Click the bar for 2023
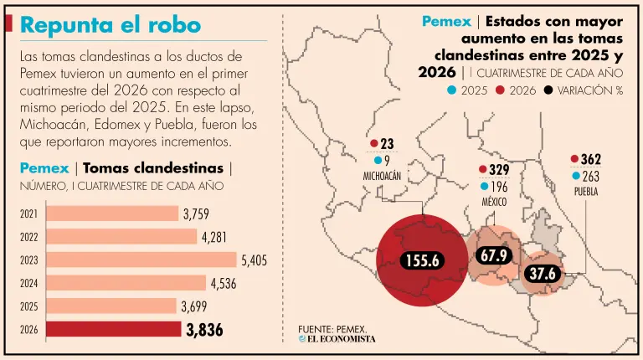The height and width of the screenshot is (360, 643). tap(141, 260)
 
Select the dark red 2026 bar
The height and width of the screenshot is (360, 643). tap(114, 329)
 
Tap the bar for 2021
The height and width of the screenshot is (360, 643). tap(112, 213)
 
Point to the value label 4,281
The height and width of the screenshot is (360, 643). tap(214, 238)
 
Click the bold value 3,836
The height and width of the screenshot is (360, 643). tap(204, 330)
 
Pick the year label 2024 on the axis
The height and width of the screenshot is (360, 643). tap(28, 283)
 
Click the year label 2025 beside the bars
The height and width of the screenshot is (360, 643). tap(28, 306)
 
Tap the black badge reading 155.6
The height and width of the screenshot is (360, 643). tap(422, 260)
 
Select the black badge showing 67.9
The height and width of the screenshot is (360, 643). tap(494, 256)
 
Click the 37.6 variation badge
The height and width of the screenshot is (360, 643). tap(543, 274)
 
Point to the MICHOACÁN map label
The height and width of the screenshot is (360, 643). tap(382, 177)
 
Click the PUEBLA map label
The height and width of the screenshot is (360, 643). tap(586, 192)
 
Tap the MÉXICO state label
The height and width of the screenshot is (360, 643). tap(494, 202)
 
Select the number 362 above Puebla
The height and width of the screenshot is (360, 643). tap(591, 159)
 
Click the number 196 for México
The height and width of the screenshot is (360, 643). tap(500, 187)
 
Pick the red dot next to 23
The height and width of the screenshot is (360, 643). tap(374, 143)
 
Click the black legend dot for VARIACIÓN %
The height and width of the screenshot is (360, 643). tap(548, 90)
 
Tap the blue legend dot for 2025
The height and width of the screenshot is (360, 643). tap(452, 90)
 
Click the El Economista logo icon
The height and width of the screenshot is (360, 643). tap(302, 339)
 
